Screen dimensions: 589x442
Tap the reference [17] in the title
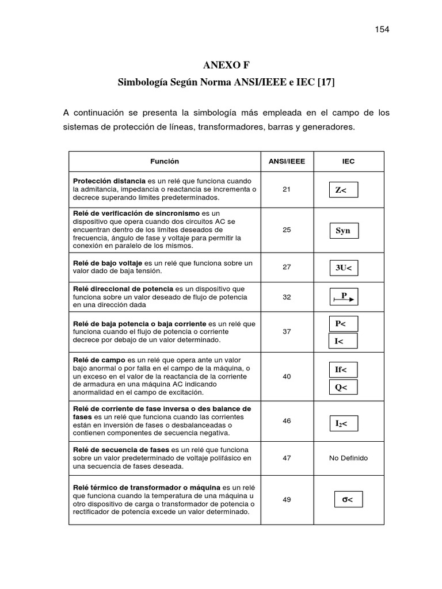coord(324,82)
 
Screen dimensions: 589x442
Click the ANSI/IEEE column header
coord(287,162)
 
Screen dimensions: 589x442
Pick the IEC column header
coord(348,162)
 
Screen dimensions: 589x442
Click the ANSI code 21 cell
coord(287,189)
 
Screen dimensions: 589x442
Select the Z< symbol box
coord(343,190)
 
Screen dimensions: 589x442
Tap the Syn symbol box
coord(343,231)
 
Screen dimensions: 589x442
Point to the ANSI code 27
coord(287,267)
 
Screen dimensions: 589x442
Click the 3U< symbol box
coord(343,267)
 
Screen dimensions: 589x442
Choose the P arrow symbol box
coord(344,297)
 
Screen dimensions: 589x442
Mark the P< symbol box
coord(343,324)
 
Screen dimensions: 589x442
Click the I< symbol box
coord(343,341)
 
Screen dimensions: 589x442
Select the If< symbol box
coord(343,369)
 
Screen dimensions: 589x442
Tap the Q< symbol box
coord(343,387)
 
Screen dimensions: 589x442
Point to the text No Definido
coord(348,458)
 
